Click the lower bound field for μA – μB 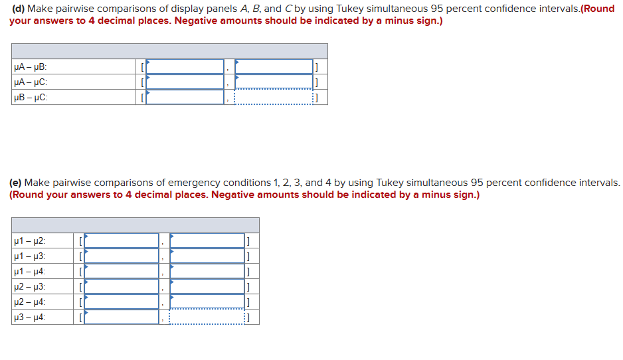click(x=185, y=66)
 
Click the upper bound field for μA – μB click(x=274, y=66)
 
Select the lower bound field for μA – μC click(x=185, y=82)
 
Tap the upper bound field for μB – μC click(x=274, y=97)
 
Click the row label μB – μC click(x=31, y=97)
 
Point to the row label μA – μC click(x=31, y=82)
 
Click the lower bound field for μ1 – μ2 click(x=122, y=240)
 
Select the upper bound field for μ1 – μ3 click(x=207, y=256)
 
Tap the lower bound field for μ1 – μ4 click(x=122, y=271)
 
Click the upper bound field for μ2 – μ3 click(x=207, y=286)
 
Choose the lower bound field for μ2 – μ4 click(x=122, y=302)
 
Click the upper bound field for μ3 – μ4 click(x=207, y=317)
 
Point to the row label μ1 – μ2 click(x=29, y=240)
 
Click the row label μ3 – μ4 click(x=29, y=317)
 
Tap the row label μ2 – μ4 click(x=29, y=302)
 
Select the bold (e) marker click(x=16, y=183)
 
